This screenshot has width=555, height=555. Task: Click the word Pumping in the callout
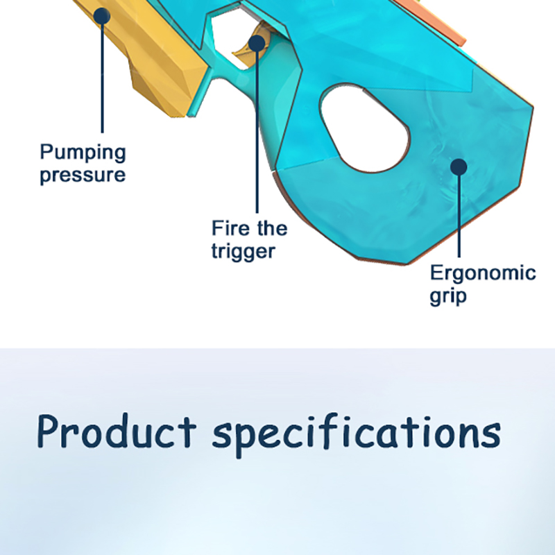click(x=83, y=153)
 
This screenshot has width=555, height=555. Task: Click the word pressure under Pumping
click(x=83, y=175)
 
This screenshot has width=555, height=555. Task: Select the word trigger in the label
click(x=244, y=252)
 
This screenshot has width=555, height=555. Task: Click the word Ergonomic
click(x=483, y=273)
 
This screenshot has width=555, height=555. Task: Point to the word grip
click(x=448, y=296)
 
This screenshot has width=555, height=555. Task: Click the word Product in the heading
click(x=117, y=432)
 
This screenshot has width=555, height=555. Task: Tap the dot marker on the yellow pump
click(x=102, y=16)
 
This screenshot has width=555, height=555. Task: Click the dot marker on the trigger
click(x=257, y=43)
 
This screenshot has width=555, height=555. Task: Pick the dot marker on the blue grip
click(x=459, y=166)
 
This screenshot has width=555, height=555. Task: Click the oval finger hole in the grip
click(x=365, y=128)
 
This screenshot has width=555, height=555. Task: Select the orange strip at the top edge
click(x=430, y=22)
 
